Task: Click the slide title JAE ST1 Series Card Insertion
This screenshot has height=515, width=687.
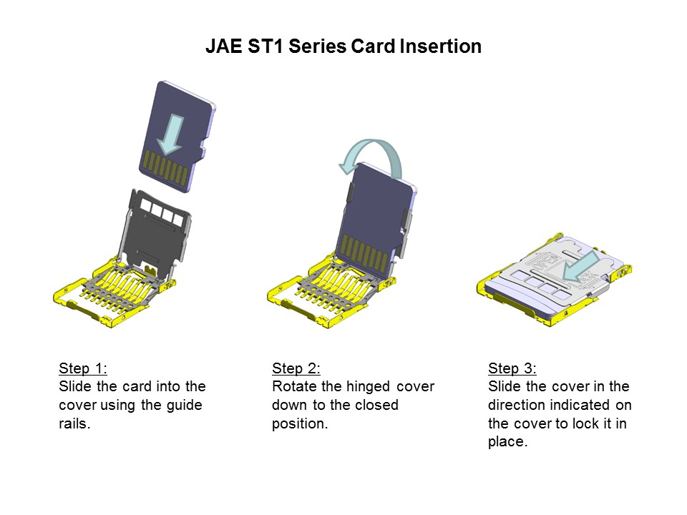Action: pyautogui.click(x=343, y=46)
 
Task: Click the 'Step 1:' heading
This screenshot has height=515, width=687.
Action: pyautogui.click(x=83, y=368)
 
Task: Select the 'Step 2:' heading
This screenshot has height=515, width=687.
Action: pyautogui.click(x=296, y=368)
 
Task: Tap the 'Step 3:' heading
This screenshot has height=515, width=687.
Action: pyautogui.click(x=512, y=368)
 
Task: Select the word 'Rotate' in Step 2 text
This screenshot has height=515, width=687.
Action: pyautogui.click(x=293, y=386)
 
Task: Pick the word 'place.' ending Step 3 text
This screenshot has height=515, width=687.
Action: pyautogui.click(x=507, y=442)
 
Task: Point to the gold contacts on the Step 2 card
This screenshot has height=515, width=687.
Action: pyautogui.click(x=366, y=252)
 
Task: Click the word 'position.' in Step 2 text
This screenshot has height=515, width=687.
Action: pyautogui.click(x=299, y=423)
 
